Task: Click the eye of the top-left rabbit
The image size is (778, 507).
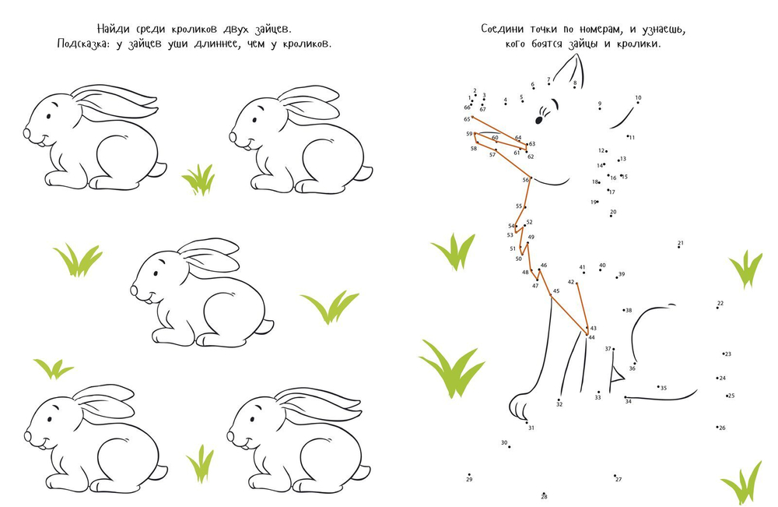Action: tap(48, 116)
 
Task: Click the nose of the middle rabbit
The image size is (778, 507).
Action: tap(134, 290)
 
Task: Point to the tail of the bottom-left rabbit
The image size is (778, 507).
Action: tap(159, 472)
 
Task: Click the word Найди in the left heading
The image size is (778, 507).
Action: tap(112, 28)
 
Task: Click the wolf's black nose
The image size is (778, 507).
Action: tap(539, 120)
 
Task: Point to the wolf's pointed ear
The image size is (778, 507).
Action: tap(570, 69)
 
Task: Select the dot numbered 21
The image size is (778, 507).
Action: tap(679, 247)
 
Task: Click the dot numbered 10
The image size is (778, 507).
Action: tap(638, 103)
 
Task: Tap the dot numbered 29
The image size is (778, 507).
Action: tap(469, 475)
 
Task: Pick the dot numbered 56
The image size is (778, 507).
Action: tap(531, 178)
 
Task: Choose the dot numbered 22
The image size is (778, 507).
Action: tap(717, 308)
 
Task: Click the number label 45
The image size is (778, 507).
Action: tap(556, 291)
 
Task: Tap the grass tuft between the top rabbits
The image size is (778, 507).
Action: tap(199, 180)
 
